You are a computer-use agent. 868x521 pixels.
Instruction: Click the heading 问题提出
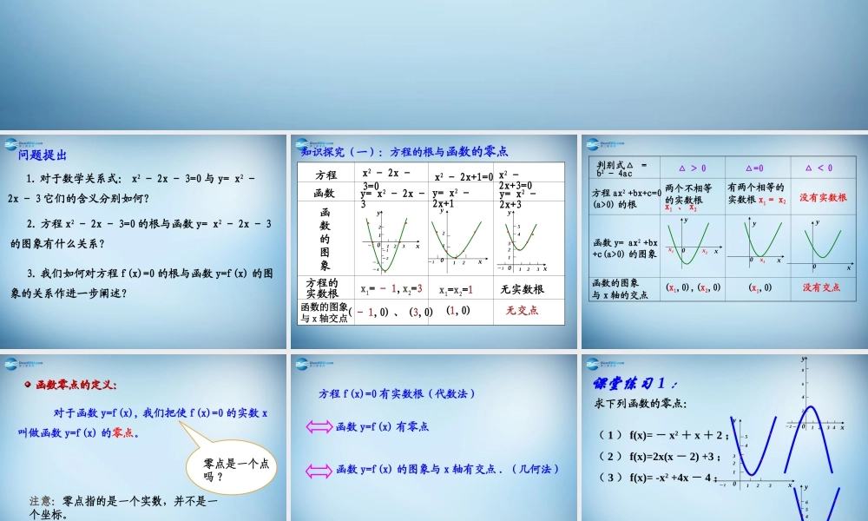coord(43,155)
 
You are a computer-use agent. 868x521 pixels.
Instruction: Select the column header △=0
coord(754,168)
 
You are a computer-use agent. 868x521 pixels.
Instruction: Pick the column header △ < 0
coord(819,168)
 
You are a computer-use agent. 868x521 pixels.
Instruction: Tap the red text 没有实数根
coord(823,198)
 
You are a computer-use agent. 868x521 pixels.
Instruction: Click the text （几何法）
coord(537,469)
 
